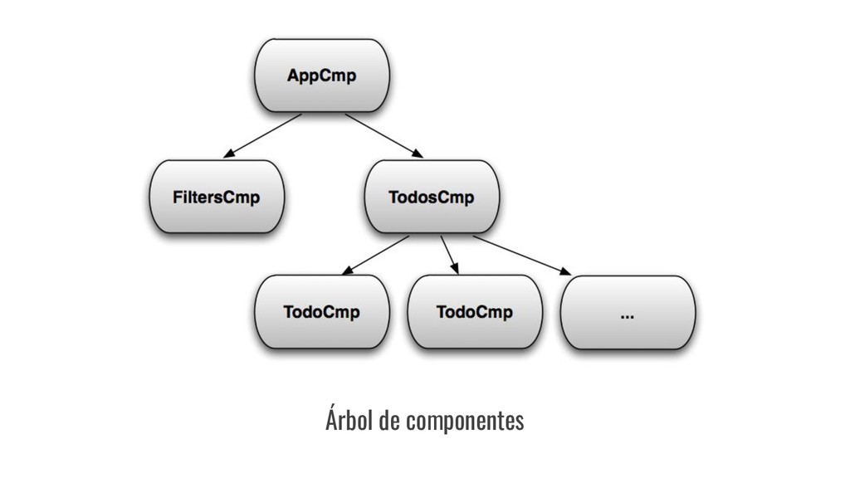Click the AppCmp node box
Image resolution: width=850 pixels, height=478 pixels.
coord(321,76)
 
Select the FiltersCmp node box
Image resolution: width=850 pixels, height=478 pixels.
coord(217,198)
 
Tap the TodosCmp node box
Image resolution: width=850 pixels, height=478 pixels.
coord(432,198)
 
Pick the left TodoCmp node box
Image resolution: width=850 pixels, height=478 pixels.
coord(321,314)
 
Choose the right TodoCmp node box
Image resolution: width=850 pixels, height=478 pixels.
coord(474,314)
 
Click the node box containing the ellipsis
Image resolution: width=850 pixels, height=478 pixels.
coord(628,314)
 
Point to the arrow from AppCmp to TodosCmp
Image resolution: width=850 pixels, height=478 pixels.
coord(383,134)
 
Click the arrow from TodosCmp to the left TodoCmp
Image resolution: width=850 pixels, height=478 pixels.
coord(375,254)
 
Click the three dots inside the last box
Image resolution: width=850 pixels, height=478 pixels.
coord(628,315)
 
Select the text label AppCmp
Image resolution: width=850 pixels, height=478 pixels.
coord(321,76)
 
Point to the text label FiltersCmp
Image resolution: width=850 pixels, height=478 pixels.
coord(217,198)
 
